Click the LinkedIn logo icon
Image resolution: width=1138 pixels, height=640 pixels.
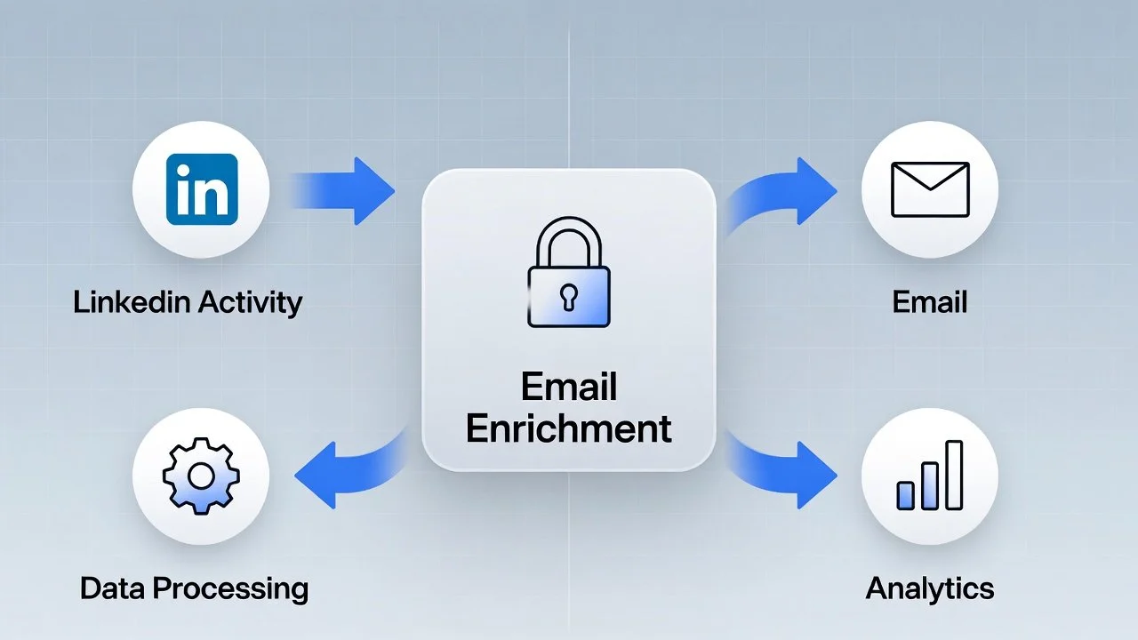click(202, 190)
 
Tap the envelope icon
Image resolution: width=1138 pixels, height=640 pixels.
click(929, 189)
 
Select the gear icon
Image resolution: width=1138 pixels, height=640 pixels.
click(201, 477)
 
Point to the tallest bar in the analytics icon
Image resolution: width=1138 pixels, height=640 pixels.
click(953, 475)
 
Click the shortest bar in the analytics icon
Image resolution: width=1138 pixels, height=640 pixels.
click(906, 495)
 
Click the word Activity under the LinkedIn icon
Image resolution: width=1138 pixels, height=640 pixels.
click(251, 302)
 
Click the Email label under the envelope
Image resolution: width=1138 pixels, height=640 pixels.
click(929, 302)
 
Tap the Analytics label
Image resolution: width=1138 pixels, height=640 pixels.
click(929, 588)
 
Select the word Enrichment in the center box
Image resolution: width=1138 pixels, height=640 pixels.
click(568, 428)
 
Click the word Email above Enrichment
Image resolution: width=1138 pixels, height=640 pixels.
click(568, 388)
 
